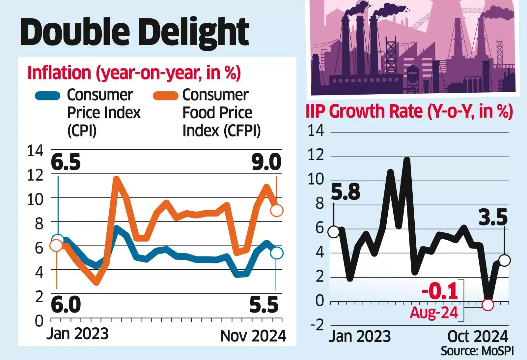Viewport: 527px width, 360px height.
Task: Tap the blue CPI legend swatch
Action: coord(48,96)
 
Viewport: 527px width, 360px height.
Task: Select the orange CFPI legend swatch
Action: coord(166,96)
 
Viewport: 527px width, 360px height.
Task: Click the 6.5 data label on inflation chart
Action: coord(66,162)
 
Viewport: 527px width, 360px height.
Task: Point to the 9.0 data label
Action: coord(266,162)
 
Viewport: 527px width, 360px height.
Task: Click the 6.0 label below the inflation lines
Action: coord(66,305)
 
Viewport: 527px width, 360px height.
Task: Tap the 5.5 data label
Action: coord(264,305)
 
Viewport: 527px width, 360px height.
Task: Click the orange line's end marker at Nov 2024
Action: coord(277,210)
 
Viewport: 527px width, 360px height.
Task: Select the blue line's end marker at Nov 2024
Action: coord(277,253)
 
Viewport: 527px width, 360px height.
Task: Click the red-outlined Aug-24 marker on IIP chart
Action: coord(487,305)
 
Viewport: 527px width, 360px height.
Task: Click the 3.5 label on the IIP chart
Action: coord(493,218)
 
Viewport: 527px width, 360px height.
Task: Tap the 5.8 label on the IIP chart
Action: coord(346,192)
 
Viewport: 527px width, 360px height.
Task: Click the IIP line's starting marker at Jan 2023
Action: coord(334,232)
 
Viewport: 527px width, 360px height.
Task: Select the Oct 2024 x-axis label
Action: coord(478,337)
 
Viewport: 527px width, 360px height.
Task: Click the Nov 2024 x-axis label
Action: coord(253,336)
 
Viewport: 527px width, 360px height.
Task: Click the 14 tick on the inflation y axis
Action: coord(35,151)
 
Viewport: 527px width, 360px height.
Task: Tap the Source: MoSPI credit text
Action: coord(477,351)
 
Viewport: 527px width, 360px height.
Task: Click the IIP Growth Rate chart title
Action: coord(409,111)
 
